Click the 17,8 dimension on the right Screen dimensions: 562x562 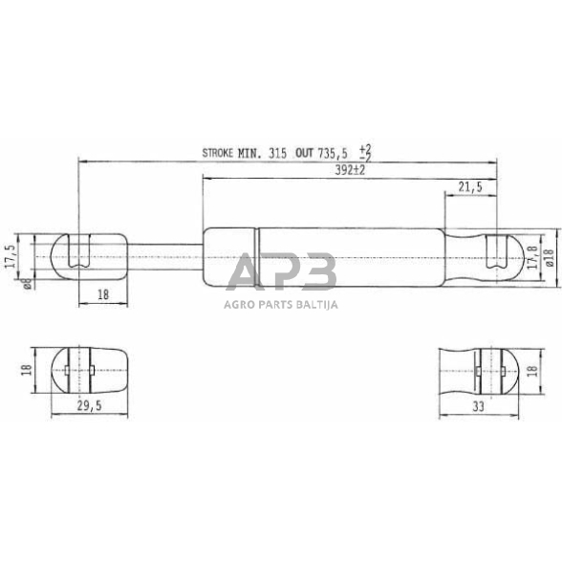(531, 255)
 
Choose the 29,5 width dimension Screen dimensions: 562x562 (88, 406)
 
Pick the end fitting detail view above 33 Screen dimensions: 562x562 (479, 367)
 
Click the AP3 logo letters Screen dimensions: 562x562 (281, 274)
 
